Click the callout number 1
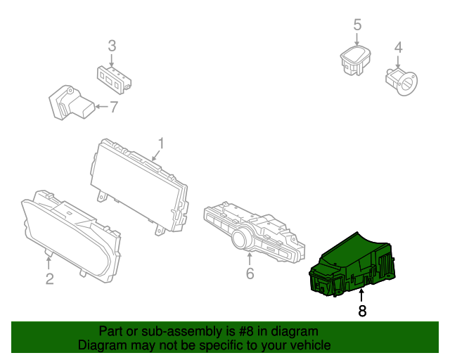click(x=161, y=143)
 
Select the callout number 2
click(x=50, y=278)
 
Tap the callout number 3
click(x=112, y=46)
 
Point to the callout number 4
click(x=399, y=47)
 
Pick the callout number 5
click(x=357, y=25)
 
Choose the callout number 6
click(x=250, y=274)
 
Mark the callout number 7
click(x=114, y=107)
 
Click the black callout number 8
click(x=362, y=311)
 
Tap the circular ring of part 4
click(x=407, y=84)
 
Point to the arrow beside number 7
click(x=101, y=107)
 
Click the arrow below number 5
click(x=357, y=39)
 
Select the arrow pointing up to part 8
click(x=361, y=296)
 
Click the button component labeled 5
click(x=355, y=60)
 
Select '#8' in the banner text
click(x=246, y=331)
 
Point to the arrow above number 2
click(x=49, y=263)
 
